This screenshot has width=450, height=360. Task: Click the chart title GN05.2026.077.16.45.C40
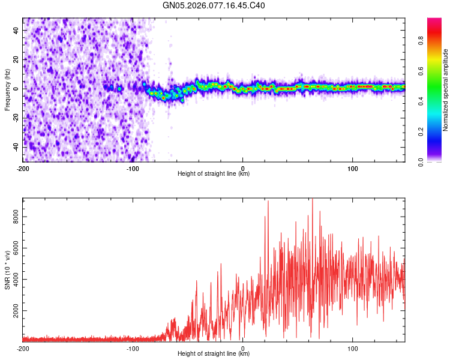click(214, 6)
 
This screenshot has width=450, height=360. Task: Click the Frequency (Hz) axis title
click(7, 89)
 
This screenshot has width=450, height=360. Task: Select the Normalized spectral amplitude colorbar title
click(446, 90)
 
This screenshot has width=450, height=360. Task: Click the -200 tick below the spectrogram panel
click(23, 168)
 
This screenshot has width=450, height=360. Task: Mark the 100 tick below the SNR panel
click(353, 348)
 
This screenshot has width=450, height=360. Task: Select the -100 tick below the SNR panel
click(133, 348)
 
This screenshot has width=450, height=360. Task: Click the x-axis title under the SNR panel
click(214, 355)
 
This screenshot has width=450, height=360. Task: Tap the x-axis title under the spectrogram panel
click(214, 174)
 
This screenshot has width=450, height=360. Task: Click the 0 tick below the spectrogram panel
click(243, 168)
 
